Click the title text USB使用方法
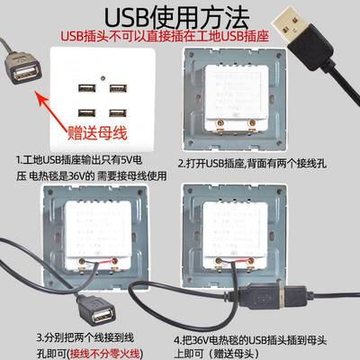click(179, 16)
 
